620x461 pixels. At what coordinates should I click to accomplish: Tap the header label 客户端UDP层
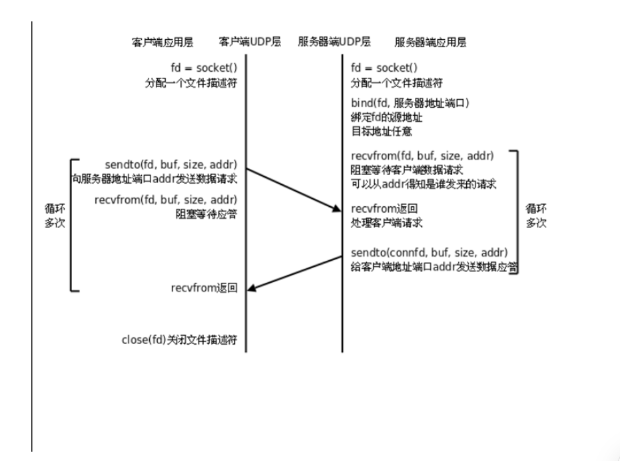click(250, 41)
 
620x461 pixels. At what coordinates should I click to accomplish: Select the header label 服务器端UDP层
click(334, 41)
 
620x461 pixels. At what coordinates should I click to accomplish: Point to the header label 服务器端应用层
click(430, 41)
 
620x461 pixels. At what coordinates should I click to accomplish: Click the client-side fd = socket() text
click(204, 69)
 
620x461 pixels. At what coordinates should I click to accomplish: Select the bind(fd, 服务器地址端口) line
click(410, 104)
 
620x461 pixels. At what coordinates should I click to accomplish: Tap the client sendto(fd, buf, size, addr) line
click(171, 164)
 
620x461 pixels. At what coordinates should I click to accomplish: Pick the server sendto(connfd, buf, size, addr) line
click(430, 253)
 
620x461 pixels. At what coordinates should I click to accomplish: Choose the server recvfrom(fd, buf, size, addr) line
click(422, 156)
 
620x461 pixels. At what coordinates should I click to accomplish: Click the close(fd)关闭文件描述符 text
click(179, 340)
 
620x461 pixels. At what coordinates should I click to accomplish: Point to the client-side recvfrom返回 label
click(204, 288)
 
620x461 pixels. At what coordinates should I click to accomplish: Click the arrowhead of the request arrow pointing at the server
click(337, 211)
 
